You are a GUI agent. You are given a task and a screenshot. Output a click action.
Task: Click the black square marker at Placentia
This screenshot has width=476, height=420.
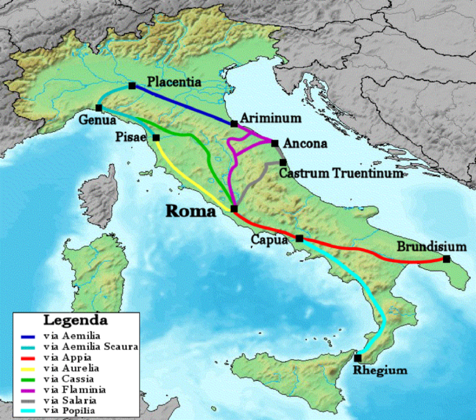(132, 86)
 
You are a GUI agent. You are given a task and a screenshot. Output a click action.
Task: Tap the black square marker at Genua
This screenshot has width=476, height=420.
(99, 108)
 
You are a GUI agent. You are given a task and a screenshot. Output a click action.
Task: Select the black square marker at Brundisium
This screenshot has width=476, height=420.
(446, 259)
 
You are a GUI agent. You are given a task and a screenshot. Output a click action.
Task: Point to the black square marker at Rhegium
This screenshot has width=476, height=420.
(358, 358)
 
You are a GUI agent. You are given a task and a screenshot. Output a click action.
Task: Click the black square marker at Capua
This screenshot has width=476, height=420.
(299, 239)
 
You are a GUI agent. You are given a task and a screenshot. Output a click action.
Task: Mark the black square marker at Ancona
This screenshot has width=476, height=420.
(275, 143)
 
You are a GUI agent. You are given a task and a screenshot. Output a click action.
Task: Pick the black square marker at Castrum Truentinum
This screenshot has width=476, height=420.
(283, 162)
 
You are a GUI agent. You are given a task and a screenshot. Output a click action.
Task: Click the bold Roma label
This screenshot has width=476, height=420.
(191, 212)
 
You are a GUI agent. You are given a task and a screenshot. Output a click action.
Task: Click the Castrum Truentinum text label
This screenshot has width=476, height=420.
(341, 174)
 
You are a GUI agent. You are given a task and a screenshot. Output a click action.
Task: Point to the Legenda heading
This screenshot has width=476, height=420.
(76, 320)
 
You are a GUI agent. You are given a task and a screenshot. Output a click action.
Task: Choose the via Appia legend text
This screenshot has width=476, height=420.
(67, 358)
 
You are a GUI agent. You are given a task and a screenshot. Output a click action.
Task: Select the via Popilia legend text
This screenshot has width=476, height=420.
(70, 410)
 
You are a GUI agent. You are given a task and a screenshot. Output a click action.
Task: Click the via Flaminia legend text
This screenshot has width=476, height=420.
(74, 389)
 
